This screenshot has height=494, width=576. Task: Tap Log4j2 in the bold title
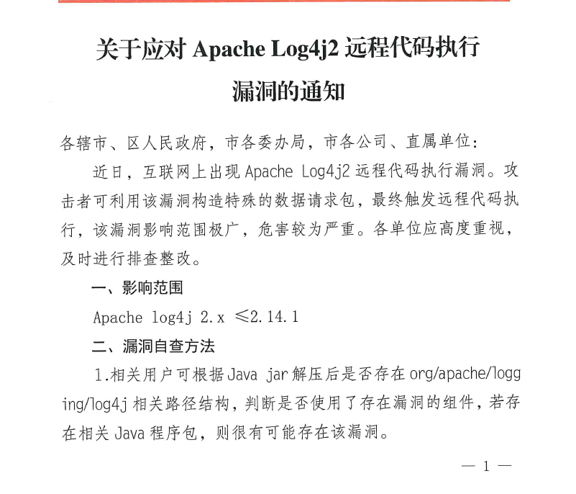[304, 50]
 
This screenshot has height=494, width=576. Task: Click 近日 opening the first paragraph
[109, 172]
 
